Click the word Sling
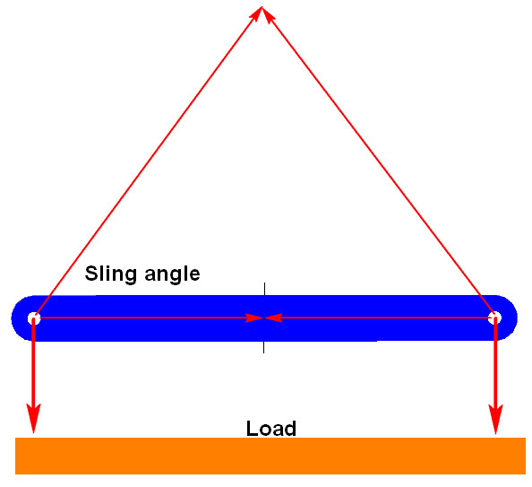pos(110,274)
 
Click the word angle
pos(172,274)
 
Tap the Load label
pos(271,429)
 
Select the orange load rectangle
pos(270,456)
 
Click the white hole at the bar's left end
pos(34,318)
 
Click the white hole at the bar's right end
pos(494,317)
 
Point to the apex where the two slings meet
pos(262,7)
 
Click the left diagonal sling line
pos(148,162)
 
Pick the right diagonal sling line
pos(378,162)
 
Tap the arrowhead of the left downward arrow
pos(34,418)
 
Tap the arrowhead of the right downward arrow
pos(495,420)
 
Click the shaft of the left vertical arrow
pos(33,362)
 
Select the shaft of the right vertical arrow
pos(495,362)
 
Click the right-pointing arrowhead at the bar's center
pos(254,318)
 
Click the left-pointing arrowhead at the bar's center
pos(273,318)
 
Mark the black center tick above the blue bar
pos(264,289)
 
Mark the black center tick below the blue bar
pos(264,347)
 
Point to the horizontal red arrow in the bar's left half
pos(150,318)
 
